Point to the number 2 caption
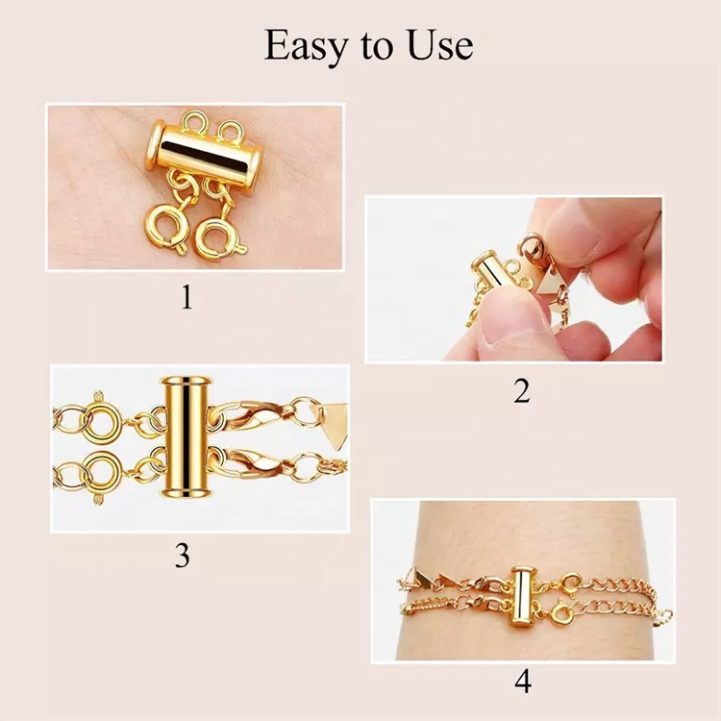click(x=520, y=391)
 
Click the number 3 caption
click(x=182, y=557)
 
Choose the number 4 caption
click(x=522, y=682)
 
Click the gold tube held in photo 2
click(x=488, y=272)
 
